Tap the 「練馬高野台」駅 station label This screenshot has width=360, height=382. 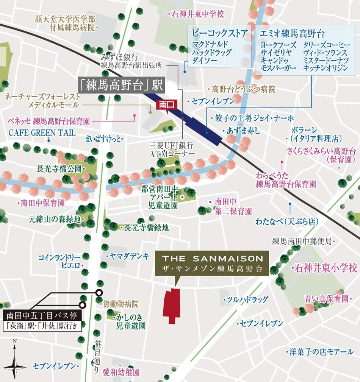click(x=121, y=85)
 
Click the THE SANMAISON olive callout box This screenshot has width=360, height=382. click(x=212, y=264)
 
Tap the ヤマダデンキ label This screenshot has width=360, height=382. click(x=130, y=256)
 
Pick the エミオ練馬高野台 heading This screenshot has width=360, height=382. click(x=292, y=34)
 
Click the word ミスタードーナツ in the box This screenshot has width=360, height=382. click(x=325, y=60)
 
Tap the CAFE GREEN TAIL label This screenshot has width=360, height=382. click(x=42, y=133)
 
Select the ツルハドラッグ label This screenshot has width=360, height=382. click(x=246, y=300)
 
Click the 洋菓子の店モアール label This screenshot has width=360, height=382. click(x=321, y=352)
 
